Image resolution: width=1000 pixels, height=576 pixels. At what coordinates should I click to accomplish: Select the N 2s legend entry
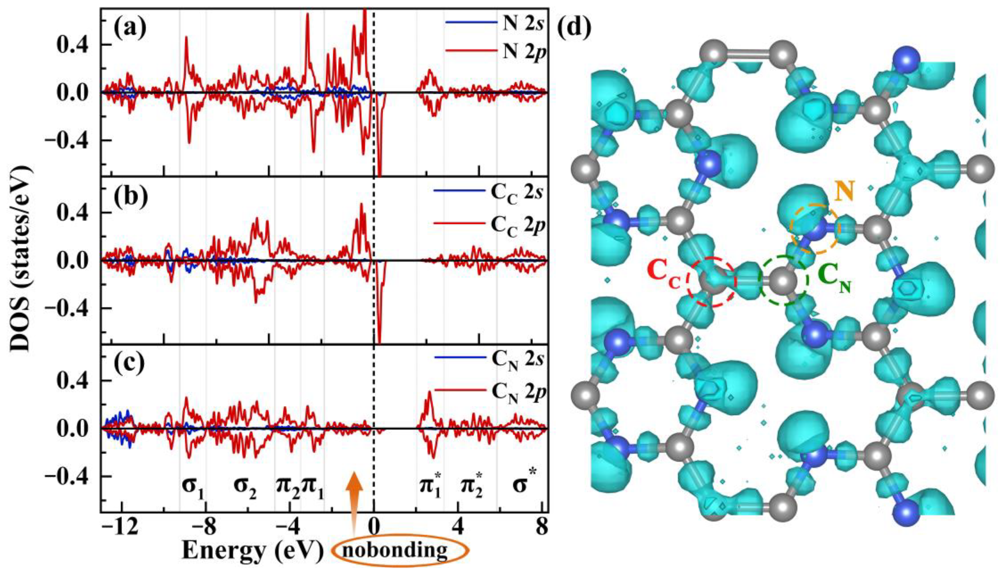pos(496,23)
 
